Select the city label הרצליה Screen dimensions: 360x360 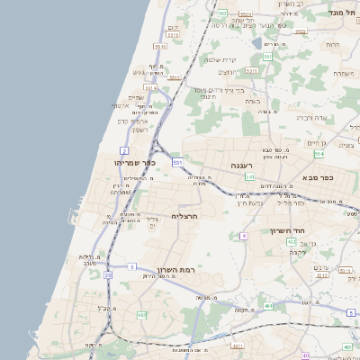[184, 217]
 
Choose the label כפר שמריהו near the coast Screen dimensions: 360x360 [136, 163]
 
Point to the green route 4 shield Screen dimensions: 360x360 [243, 235]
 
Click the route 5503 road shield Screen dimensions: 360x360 [221, 13]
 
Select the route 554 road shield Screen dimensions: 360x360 [319, 154]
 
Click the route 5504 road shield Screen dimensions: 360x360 [150, 88]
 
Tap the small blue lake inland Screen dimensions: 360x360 [256, 41]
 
